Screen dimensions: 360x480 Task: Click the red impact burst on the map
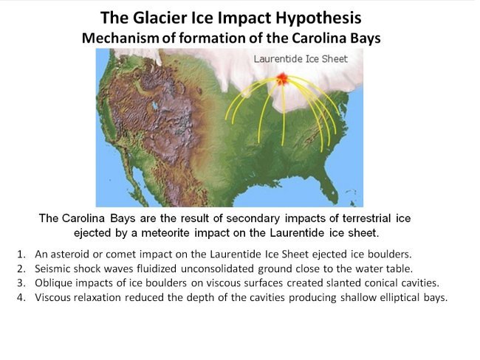click(282, 77)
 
